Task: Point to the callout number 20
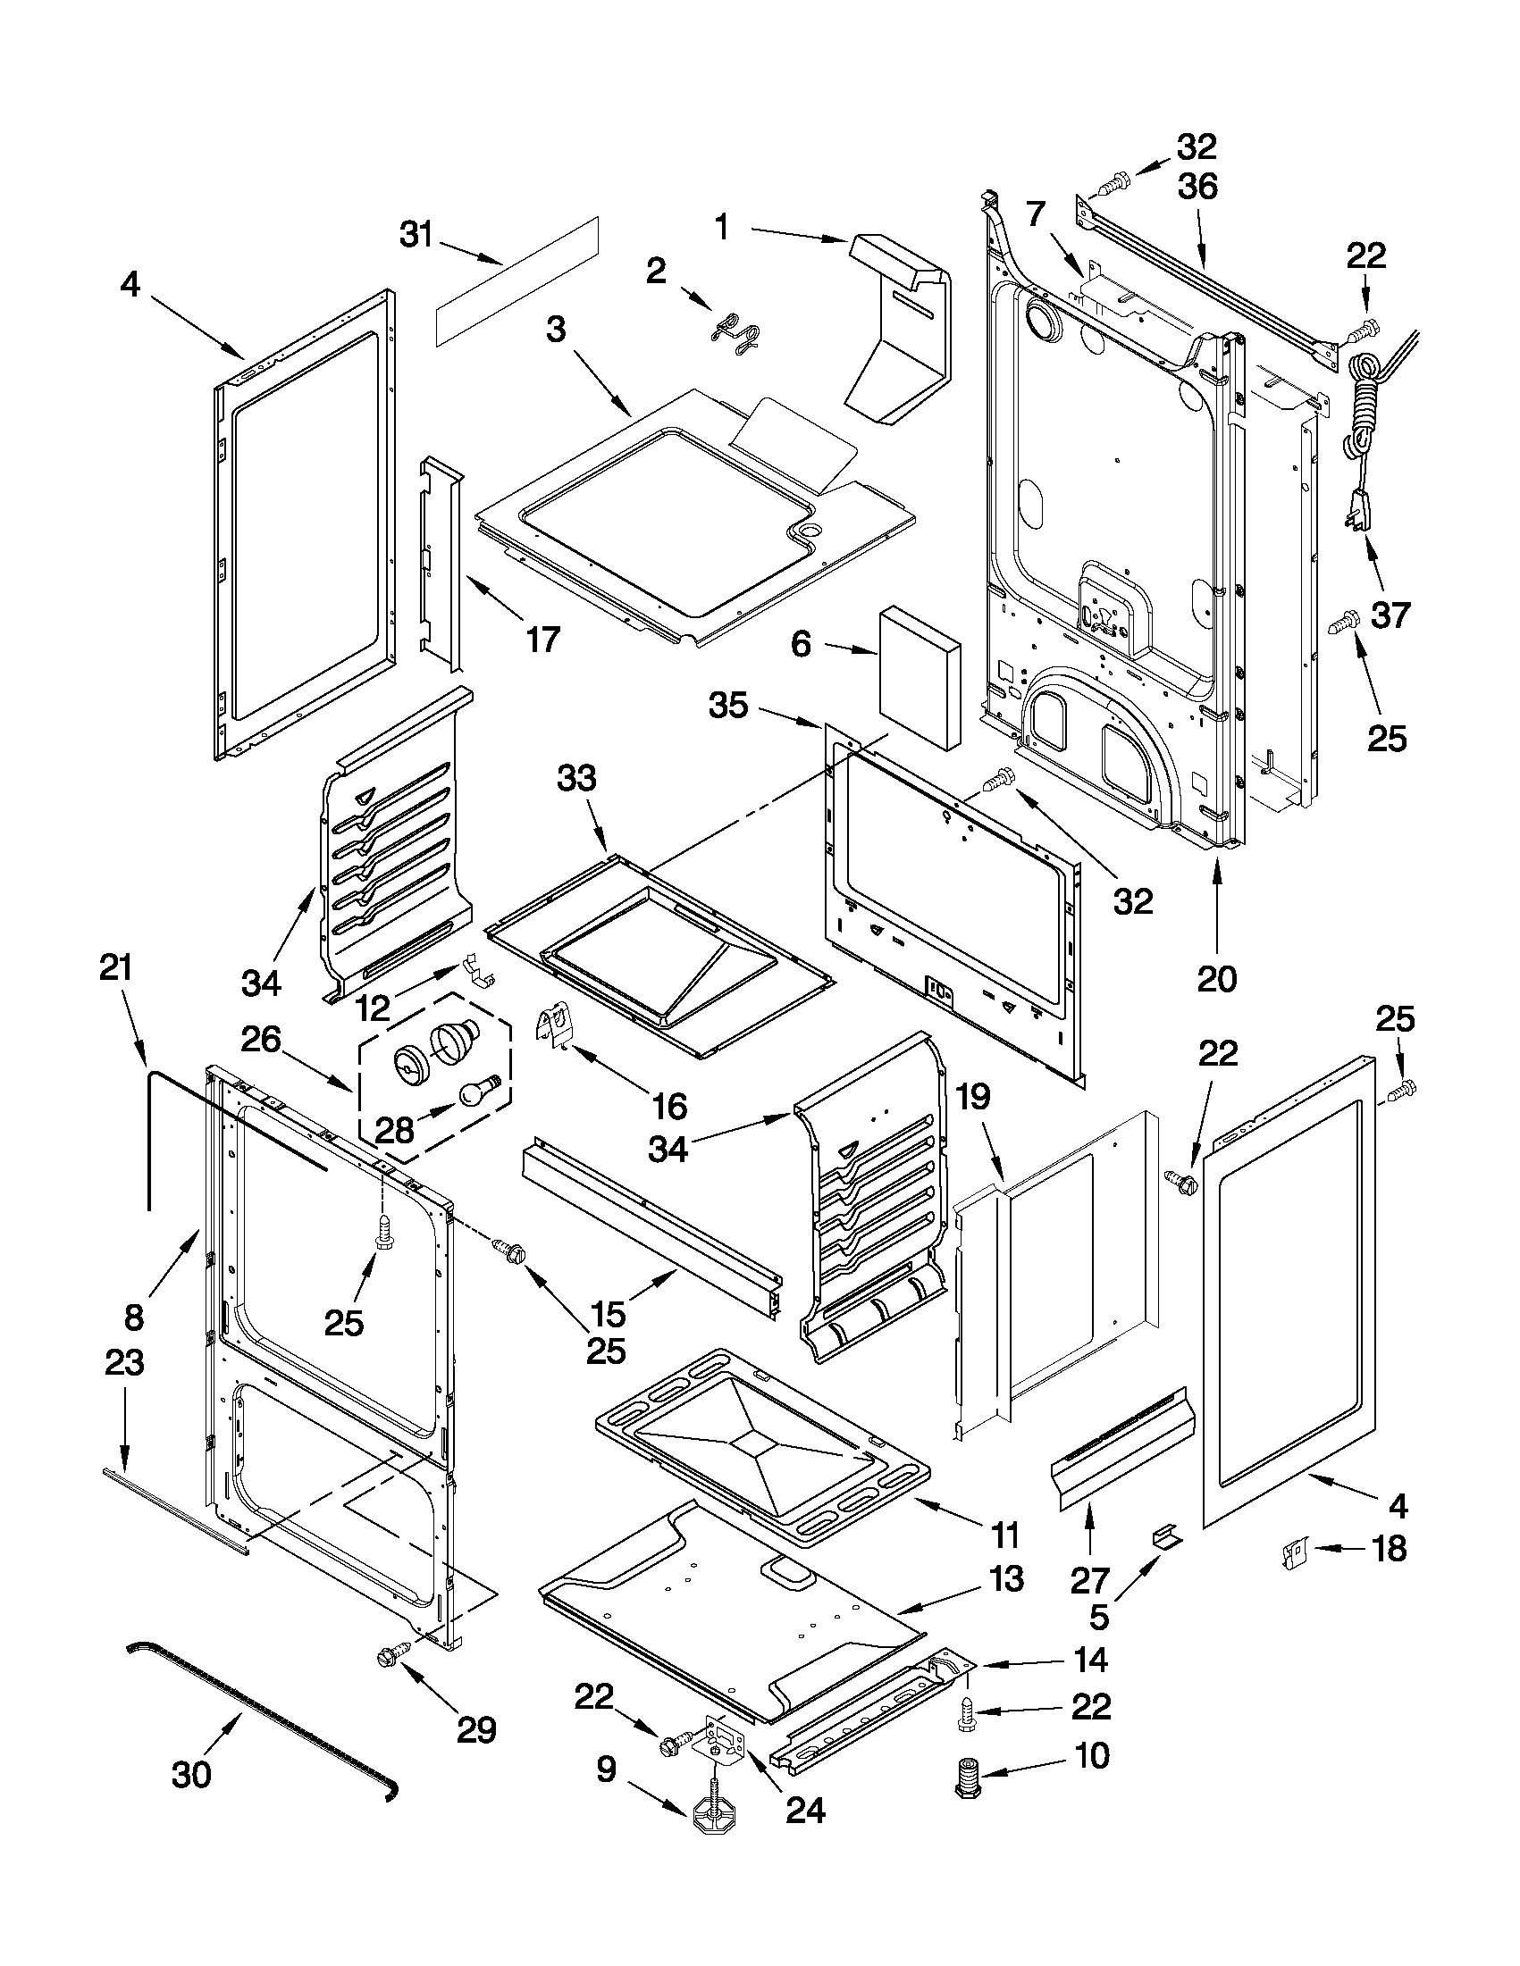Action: point(1216,978)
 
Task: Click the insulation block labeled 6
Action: point(919,677)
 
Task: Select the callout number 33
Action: point(576,778)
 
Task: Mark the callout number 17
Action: point(543,640)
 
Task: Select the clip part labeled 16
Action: point(555,1028)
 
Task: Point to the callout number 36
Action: point(1197,187)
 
